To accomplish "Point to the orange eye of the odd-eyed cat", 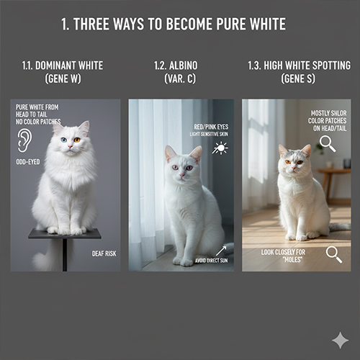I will point(76,140).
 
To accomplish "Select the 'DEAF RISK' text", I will point(104,253).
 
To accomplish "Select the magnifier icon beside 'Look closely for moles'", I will point(333,253).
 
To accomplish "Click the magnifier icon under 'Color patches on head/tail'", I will point(328,144).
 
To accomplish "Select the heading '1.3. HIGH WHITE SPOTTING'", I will point(298,66).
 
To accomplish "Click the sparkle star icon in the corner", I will point(340,340).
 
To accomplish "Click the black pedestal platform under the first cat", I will point(64,234).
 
